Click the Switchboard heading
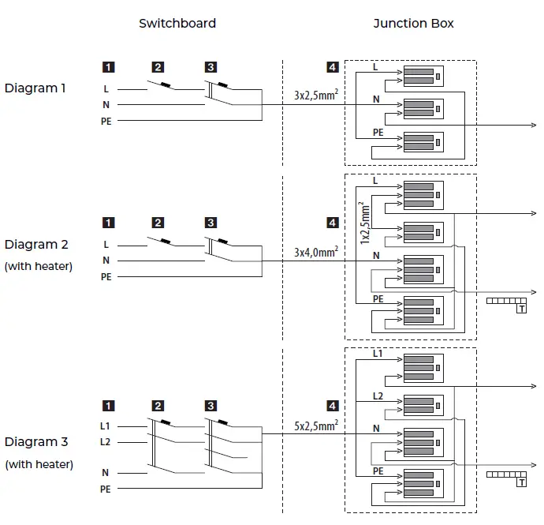coord(177,23)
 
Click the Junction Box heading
coord(413,23)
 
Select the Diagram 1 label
coord(35,88)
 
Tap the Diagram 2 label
coord(35,245)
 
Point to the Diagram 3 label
coord(35,442)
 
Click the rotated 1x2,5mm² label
coord(365,222)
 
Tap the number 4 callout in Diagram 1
coord(332,68)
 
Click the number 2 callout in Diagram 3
coord(158,407)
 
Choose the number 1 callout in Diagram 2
coord(108,223)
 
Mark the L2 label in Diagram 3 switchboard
coord(105,442)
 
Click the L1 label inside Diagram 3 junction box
coord(377,354)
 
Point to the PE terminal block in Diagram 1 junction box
coord(423,142)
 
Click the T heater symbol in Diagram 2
coord(520,309)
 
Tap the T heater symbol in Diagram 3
coord(520,482)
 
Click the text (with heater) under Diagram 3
coord(39,464)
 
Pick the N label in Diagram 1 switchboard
coord(106,104)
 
